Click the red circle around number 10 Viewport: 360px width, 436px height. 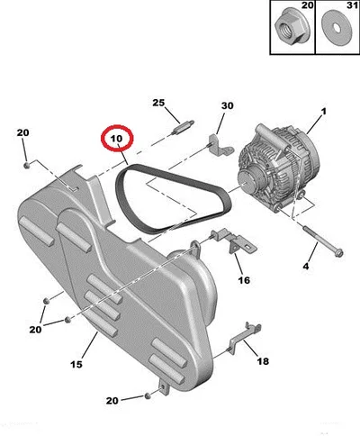tap(117, 127)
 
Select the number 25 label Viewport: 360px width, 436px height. tap(158, 103)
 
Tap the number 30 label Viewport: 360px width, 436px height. tap(228, 105)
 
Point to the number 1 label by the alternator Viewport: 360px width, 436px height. tap(324, 112)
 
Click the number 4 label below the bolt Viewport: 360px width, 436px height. tap(306, 266)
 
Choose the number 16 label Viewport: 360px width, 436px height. tap(244, 280)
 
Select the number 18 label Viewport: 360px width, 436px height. tap(263, 361)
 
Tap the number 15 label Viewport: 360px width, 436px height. tap(76, 364)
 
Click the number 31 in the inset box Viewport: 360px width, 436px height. tap(352, 5)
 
